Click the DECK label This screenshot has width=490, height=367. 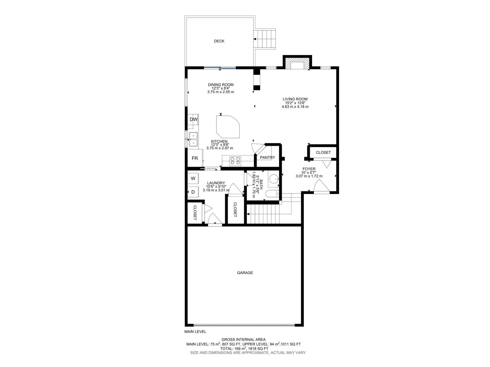pyautogui.click(x=219, y=41)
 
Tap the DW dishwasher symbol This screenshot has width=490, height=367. pyautogui.click(x=193, y=120)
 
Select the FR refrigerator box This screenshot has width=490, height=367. pyautogui.click(x=195, y=158)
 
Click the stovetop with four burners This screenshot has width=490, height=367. pyautogui.click(x=235, y=161)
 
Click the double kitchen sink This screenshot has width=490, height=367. pyautogui.click(x=193, y=139)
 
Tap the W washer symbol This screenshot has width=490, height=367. pyautogui.click(x=193, y=178)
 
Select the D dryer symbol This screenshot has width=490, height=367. pyautogui.click(x=193, y=192)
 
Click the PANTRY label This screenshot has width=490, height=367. pyautogui.click(x=267, y=158)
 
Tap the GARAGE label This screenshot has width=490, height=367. pyautogui.click(x=245, y=273)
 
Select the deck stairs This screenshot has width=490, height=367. pyautogui.click(x=265, y=39)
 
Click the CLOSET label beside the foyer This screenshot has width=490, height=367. pyautogui.click(x=323, y=152)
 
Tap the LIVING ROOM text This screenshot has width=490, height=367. pyautogui.click(x=295, y=99)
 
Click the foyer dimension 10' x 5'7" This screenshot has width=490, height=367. pyautogui.click(x=309, y=172)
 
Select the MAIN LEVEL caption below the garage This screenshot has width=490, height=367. pyautogui.click(x=195, y=332)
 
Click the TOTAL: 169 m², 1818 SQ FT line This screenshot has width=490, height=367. pyautogui.click(x=244, y=348)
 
